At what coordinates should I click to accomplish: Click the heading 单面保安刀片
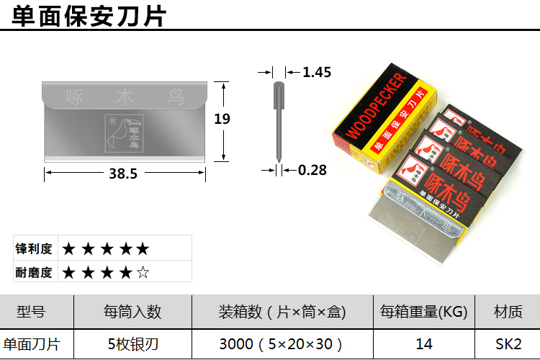click(89, 14)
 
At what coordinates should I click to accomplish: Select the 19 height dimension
click(222, 119)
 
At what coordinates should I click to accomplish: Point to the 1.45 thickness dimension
click(317, 72)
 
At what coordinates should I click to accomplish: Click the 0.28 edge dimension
click(312, 170)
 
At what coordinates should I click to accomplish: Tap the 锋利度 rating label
click(35, 249)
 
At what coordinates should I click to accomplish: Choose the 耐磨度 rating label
click(35, 272)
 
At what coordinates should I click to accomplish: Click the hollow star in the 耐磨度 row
click(143, 272)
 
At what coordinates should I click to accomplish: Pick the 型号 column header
click(30, 312)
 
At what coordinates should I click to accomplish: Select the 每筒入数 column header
click(132, 312)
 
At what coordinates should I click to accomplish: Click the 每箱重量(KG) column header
click(424, 312)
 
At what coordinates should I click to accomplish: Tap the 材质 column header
click(508, 312)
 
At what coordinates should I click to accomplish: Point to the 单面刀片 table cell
click(30, 344)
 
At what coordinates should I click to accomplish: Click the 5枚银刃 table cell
click(132, 344)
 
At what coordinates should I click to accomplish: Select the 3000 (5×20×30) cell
click(282, 344)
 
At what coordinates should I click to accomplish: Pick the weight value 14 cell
click(424, 344)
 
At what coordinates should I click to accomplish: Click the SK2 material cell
click(508, 344)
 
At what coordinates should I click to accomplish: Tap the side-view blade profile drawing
click(278, 119)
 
